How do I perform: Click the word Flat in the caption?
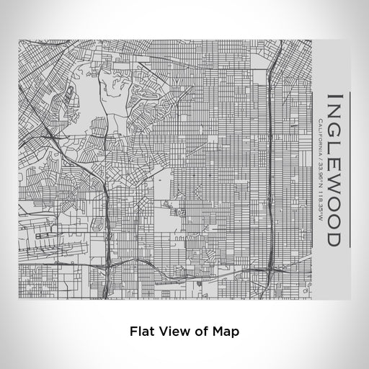(x=141, y=332)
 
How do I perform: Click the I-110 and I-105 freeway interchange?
(x=272, y=268)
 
